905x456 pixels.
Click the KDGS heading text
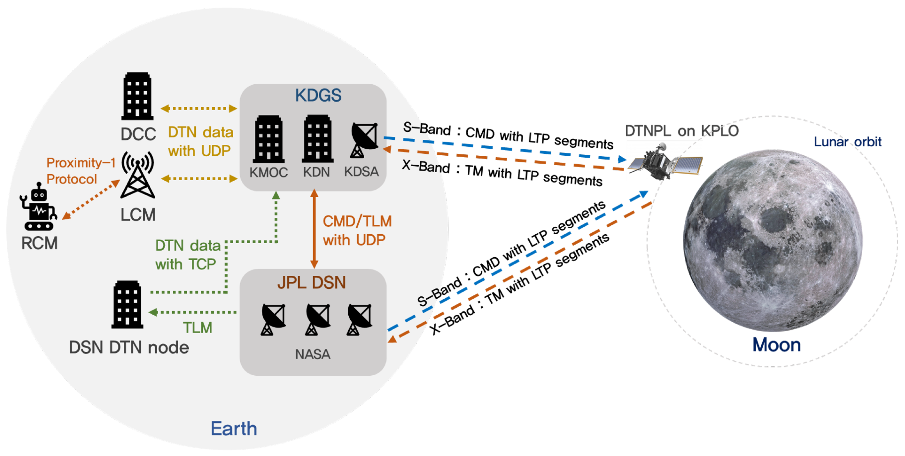pos(318,95)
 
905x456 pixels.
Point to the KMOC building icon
pos(269,139)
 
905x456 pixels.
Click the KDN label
pos(316,172)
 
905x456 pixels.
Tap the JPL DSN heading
pos(312,283)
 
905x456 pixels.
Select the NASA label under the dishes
pos(313,354)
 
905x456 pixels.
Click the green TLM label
pos(197,328)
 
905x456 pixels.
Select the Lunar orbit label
pos(847,142)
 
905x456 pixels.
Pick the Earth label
pos(234,428)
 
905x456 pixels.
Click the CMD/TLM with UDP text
pos(356,231)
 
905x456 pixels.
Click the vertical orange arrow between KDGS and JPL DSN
pos(314,228)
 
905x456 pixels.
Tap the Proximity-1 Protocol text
pos(81,171)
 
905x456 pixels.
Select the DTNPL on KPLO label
pos(682,131)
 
